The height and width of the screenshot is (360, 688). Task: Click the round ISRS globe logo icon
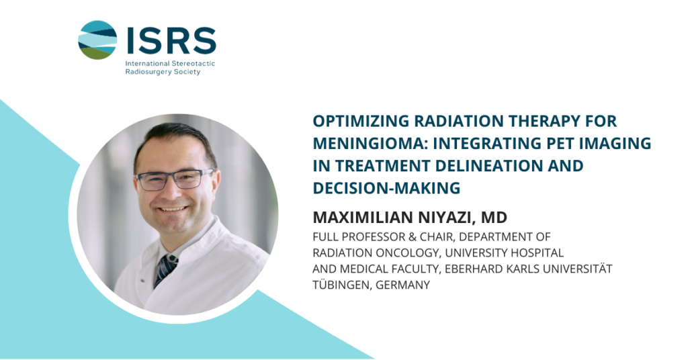coord(97,40)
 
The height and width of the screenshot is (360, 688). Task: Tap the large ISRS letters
coord(171,40)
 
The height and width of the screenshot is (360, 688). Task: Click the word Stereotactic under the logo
coord(193,63)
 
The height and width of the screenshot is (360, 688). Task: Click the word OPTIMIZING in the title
coord(361,121)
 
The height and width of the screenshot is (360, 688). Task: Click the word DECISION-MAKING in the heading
coord(386,188)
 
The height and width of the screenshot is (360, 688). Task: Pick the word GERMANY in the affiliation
coord(403,285)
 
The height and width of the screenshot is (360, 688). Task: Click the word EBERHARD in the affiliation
coord(474,269)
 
